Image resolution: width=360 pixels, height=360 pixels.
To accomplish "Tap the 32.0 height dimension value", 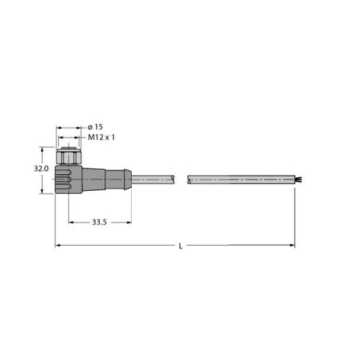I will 41,169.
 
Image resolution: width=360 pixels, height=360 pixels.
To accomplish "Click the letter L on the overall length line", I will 180,246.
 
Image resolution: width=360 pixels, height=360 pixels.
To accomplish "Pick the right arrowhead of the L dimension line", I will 292,246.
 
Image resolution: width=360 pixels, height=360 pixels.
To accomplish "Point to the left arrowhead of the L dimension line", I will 58,246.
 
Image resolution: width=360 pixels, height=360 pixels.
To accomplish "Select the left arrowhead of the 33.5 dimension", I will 71,222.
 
